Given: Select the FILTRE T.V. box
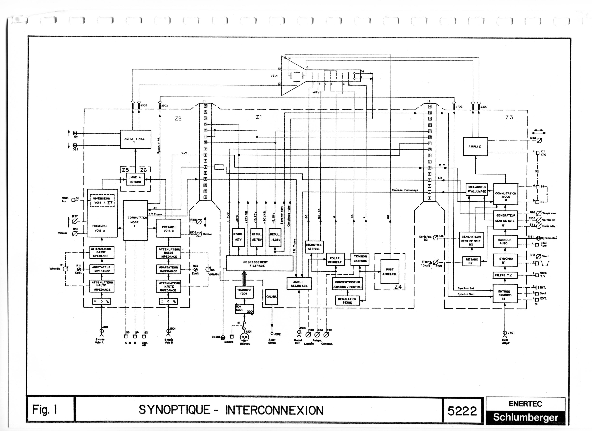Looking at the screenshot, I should (505, 275).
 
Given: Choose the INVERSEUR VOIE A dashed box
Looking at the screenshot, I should (102, 200).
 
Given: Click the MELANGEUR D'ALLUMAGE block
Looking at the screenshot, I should (477, 189).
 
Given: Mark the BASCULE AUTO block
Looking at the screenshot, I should (505, 242).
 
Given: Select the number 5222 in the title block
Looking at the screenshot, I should (462, 411).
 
